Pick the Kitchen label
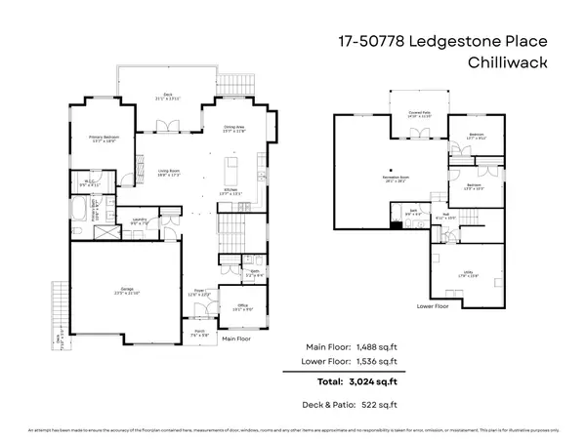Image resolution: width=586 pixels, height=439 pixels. [232, 192]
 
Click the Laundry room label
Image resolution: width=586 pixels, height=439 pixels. [142, 221]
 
